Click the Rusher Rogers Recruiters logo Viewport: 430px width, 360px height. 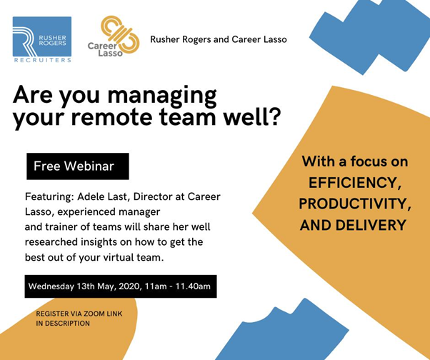coord(42,40)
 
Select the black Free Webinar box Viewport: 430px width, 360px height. coord(78,166)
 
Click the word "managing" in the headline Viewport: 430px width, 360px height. coord(162,96)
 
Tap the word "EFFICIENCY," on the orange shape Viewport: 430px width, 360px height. coord(355,182)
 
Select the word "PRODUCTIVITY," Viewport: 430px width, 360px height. coord(355,204)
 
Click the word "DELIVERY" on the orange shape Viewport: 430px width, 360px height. coord(371,225)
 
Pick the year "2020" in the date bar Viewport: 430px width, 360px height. coord(131,286)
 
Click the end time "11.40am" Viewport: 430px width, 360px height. coord(193,286)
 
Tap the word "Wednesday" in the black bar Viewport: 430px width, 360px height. coord(51,286)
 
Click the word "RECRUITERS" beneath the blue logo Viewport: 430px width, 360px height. coord(43,60)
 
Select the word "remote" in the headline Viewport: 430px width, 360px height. coord(112,117)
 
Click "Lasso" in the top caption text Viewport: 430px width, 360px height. coord(275,39)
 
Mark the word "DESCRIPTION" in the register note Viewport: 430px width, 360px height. coord(67,324)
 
